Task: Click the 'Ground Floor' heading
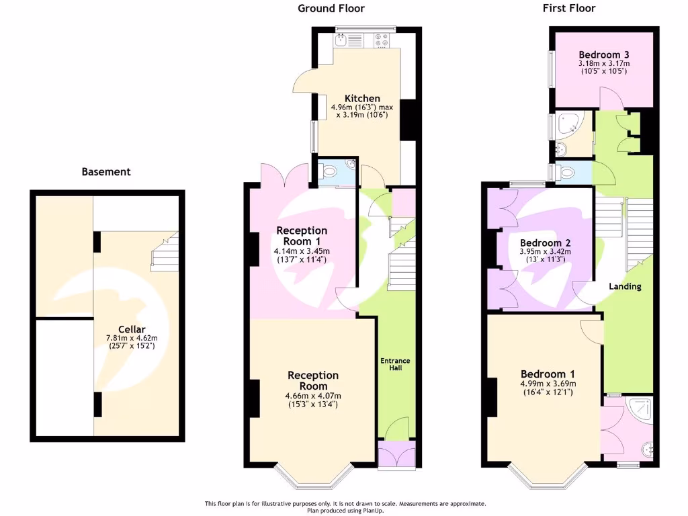click(x=331, y=9)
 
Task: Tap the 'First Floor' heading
click(x=569, y=9)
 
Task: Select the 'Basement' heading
click(x=106, y=172)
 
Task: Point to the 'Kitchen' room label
click(x=362, y=98)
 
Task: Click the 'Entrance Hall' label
click(x=395, y=364)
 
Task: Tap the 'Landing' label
click(x=625, y=286)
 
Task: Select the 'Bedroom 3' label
click(x=603, y=54)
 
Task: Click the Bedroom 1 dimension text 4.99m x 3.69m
click(x=548, y=384)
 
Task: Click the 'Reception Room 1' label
click(x=302, y=236)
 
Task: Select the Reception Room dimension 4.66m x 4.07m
click(x=313, y=396)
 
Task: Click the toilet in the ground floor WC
click(x=329, y=172)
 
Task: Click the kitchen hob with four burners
click(x=383, y=41)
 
